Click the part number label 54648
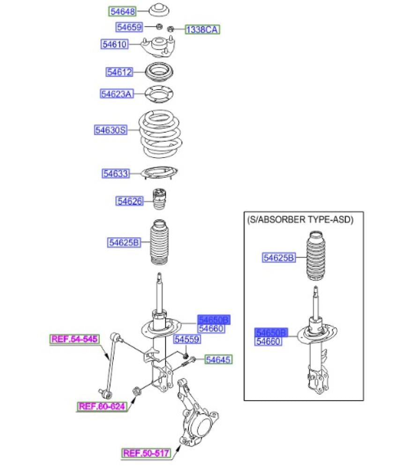122,11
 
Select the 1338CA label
202,30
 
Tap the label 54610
114,45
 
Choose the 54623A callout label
116,94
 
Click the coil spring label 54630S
111,130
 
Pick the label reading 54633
115,174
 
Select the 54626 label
129,201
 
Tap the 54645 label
219,360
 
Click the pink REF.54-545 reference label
75,339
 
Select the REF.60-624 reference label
102,407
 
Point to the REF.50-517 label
146,453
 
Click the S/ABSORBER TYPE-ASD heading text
300,219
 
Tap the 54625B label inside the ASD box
278,257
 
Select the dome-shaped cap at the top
159,11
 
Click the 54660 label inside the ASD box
268,341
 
